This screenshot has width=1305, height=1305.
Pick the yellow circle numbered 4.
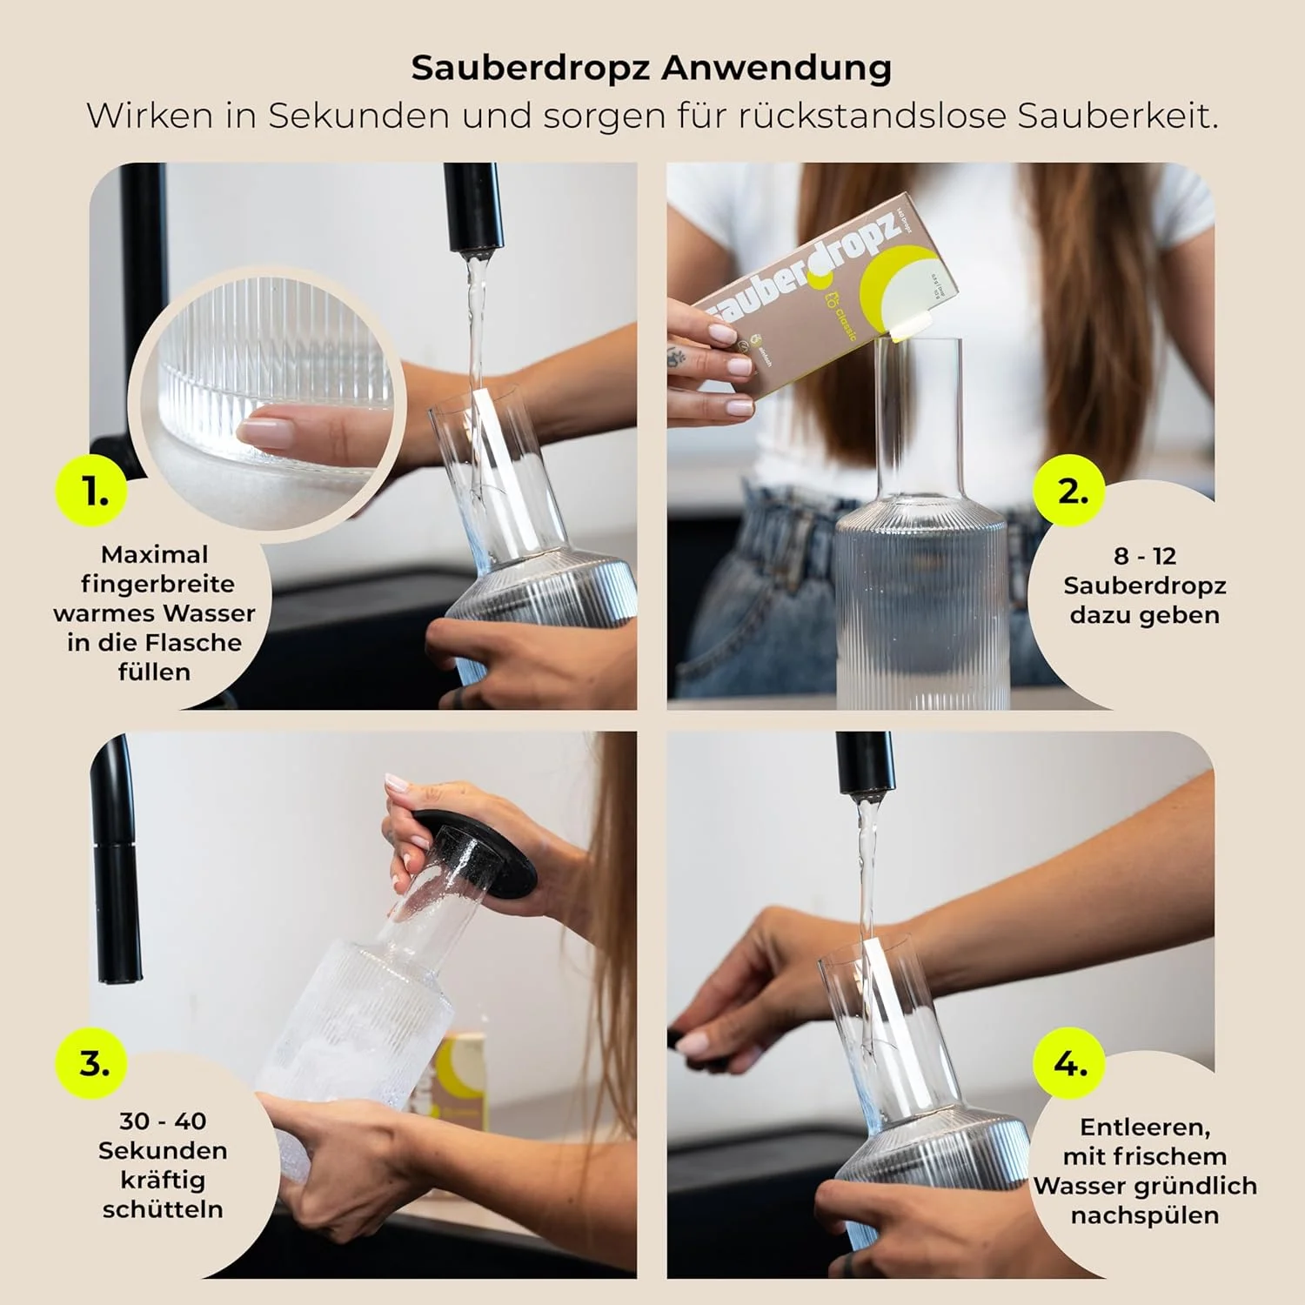point(1071,1063)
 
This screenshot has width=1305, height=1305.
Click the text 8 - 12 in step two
point(1144,556)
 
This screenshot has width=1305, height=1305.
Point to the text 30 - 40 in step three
point(163,1121)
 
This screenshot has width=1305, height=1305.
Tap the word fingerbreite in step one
point(157,584)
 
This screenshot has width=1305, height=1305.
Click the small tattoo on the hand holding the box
point(675,357)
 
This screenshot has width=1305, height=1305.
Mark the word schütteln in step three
point(163,1209)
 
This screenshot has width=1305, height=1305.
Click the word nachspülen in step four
point(1144,1215)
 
